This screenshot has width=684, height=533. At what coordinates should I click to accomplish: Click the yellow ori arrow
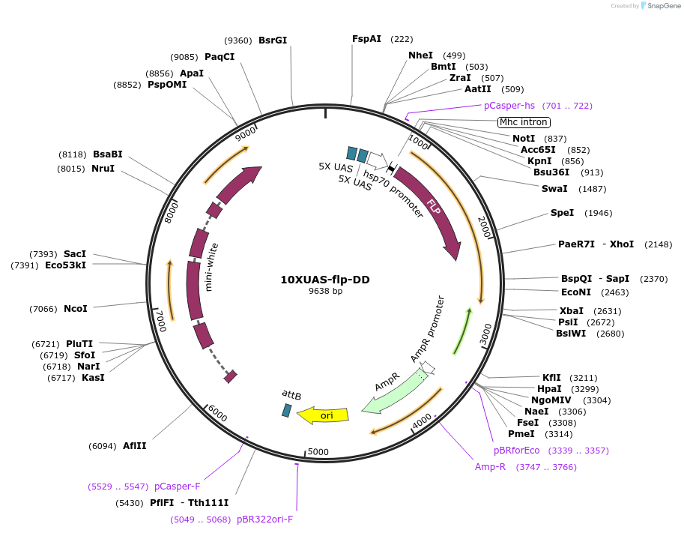[324, 415]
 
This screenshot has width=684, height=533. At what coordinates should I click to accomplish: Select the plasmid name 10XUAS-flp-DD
[325, 280]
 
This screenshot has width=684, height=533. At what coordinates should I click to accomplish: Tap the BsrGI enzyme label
[273, 40]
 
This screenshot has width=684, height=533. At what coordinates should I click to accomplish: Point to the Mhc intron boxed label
[524, 122]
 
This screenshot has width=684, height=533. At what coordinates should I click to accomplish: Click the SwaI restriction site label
[554, 188]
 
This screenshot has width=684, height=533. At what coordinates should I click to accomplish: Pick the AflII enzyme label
[135, 446]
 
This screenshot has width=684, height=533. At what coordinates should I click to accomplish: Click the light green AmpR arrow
[393, 390]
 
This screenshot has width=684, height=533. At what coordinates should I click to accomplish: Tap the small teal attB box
[286, 410]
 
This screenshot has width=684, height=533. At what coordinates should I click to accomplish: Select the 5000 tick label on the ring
[318, 451]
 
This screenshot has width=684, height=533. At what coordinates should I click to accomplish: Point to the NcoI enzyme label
[75, 308]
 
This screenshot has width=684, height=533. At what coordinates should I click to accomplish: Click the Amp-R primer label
[491, 467]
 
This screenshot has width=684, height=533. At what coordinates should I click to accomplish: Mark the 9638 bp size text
[325, 291]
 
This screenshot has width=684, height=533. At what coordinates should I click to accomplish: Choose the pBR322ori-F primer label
[265, 519]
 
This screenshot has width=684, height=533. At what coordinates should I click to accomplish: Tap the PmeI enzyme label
[521, 433]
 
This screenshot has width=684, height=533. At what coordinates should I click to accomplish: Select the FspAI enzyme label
[367, 39]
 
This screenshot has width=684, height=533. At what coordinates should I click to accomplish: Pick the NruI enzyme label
[103, 169]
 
